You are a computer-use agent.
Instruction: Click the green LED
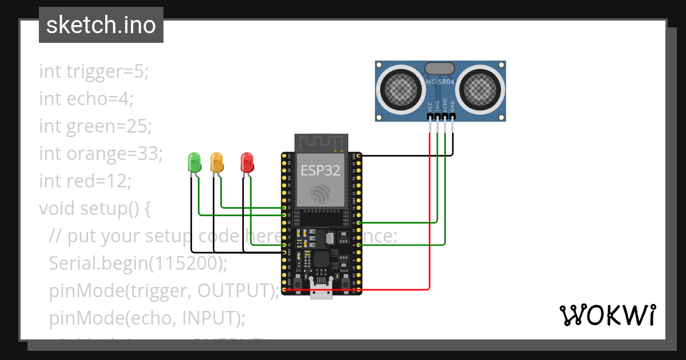tap(194, 162)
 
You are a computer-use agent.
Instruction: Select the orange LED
tap(217, 162)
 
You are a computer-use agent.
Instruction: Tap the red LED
tap(247, 162)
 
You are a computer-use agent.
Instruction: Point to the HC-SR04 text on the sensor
tap(440, 82)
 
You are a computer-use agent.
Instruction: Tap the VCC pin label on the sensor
tap(430, 106)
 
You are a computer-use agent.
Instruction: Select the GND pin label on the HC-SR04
tap(452, 106)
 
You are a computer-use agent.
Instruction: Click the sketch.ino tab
tap(101, 25)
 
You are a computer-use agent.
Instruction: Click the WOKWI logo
tap(607, 315)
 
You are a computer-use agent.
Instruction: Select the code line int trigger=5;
tap(94, 71)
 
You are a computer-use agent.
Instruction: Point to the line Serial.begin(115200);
tap(138, 263)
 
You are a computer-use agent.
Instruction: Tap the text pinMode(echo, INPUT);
tap(146, 318)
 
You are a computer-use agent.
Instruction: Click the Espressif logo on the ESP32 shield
tap(321, 194)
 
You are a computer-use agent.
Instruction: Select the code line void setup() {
tap(95, 209)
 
